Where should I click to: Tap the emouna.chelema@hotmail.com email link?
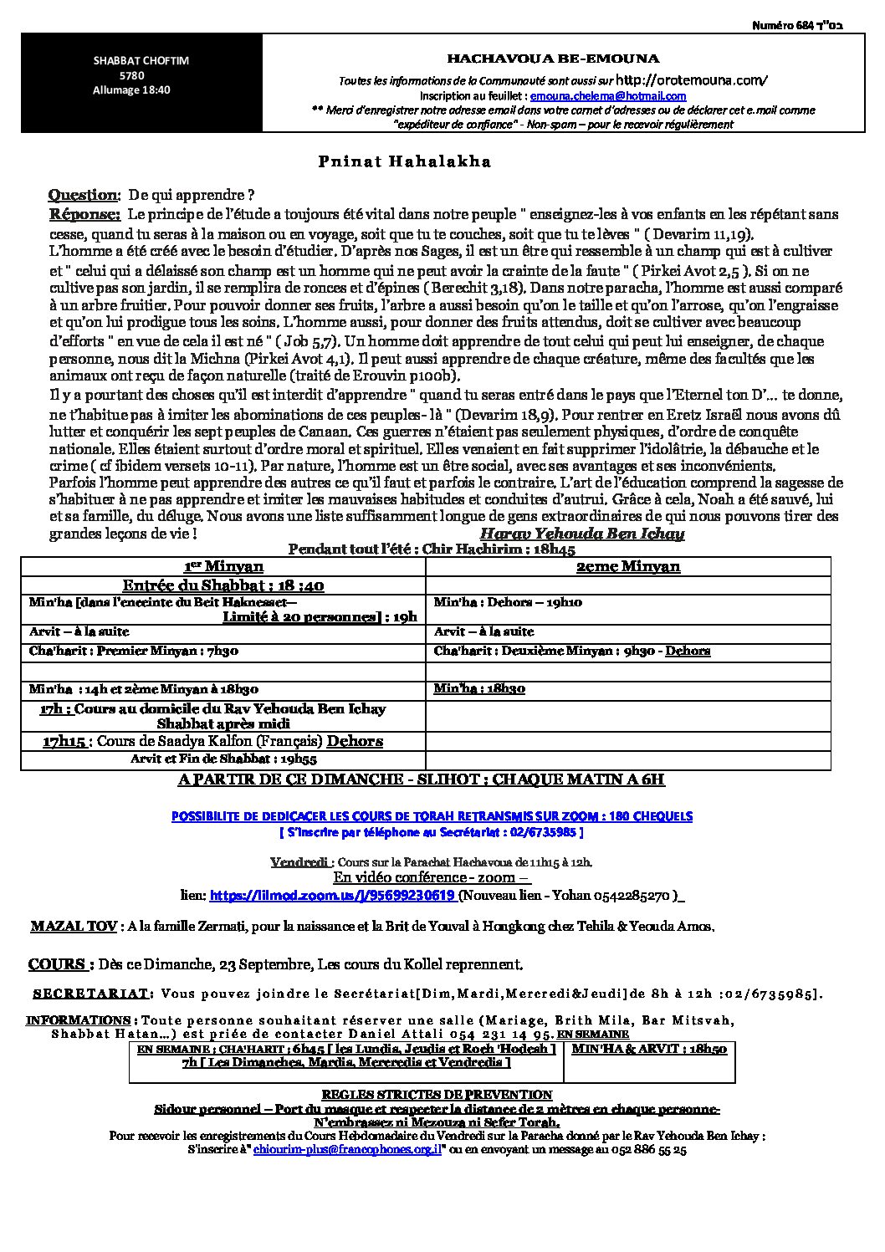click(626, 96)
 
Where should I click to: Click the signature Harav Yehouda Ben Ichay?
click(582, 534)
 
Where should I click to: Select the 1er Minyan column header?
click(223, 566)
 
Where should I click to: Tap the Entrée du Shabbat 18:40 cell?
click(223, 585)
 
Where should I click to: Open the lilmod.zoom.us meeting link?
click(332, 895)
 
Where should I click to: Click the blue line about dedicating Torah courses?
click(432, 815)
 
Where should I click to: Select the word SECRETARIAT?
click(92, 994)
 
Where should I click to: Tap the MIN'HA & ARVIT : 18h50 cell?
click(648, 1049)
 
